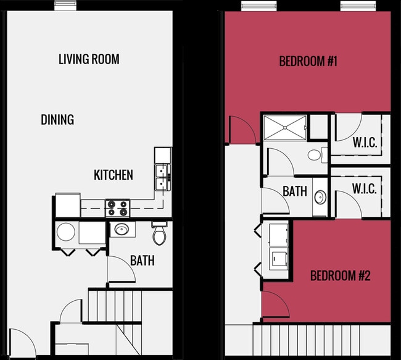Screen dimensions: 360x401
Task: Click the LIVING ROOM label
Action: [x=89, y=59]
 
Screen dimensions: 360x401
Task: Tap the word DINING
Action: [x=57, y=119]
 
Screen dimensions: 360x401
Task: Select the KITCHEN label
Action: [x=113, y=175]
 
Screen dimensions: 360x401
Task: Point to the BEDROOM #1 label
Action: [x=307, y=61]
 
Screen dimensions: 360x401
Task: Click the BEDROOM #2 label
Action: [x=340, y=275]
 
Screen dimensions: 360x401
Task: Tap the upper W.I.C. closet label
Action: [x=365, y=142]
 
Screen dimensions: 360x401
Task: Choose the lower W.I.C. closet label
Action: [x=365, y=188]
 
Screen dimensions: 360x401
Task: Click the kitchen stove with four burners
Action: [x=118, y=207]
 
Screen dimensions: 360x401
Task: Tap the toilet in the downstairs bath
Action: [x=160, y=233]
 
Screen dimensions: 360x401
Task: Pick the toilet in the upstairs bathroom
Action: [x=317, y=154]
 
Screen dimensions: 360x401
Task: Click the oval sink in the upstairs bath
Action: [x=320, y=198]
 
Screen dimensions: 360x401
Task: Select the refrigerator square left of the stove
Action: [x=67, y=205]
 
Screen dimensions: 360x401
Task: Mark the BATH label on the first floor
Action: [x=142, y=261]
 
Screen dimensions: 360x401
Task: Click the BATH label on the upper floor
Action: [x=295, y=191]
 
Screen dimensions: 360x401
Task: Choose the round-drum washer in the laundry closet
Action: [x=66, y=233]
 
